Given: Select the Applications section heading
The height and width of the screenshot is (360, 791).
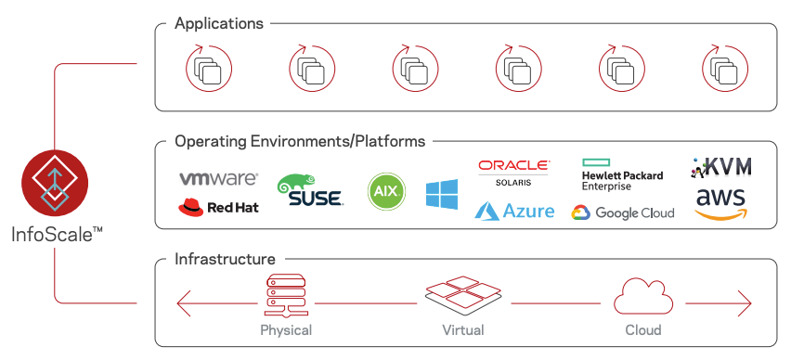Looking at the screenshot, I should click(x=219, y=23).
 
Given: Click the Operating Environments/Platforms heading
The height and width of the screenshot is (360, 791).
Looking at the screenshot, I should click(x=300, y=142).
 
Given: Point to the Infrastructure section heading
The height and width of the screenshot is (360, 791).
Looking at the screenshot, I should click(x=225, y=259).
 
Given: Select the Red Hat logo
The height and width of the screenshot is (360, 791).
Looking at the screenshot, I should click(x=218, y=206).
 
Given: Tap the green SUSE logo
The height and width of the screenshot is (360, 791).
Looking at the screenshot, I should click(x=309, y=190).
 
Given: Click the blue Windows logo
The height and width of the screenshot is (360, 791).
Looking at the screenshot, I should click(x=442, y=194).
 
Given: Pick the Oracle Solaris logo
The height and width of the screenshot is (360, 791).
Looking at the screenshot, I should click(x=513, y=172).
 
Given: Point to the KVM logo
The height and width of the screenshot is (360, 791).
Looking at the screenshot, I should click(x=721, y=167).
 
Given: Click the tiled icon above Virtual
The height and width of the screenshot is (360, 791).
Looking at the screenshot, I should click(x=462, y=297).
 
